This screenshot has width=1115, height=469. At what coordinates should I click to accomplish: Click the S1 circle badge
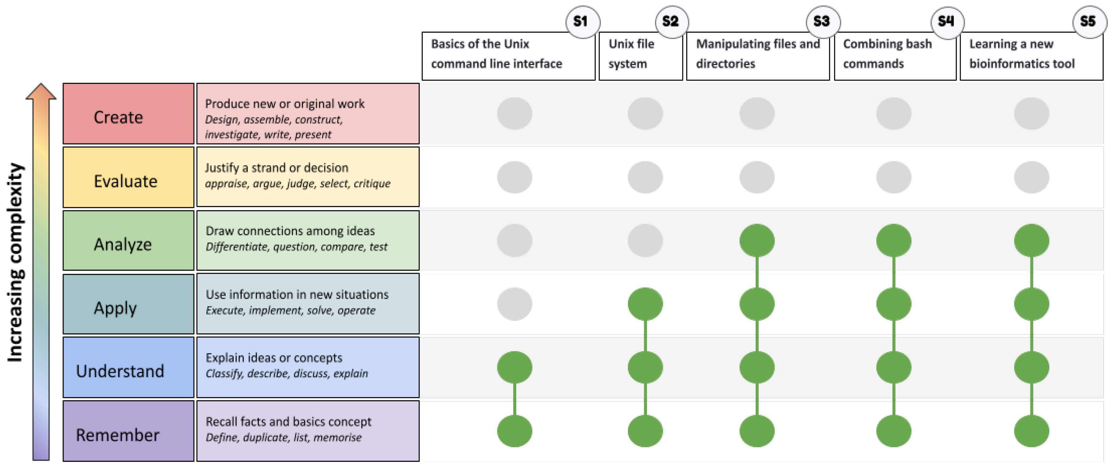(582, 22)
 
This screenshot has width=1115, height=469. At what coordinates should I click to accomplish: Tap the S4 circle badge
(947, 22)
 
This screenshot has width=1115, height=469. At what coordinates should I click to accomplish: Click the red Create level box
(128, 114)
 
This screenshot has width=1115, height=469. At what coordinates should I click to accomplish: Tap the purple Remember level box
(128, 431)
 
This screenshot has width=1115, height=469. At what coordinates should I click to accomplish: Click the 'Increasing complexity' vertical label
(15, 262)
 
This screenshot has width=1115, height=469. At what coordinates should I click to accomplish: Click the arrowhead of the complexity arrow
(41, 92)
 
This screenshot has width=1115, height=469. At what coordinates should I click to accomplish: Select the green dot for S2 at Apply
(645, 304)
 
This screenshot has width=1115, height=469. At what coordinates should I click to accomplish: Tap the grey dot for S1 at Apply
(514, 304)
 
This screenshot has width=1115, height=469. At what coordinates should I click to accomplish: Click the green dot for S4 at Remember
(893, 431)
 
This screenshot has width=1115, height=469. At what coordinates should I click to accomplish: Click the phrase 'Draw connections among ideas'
(290, 231)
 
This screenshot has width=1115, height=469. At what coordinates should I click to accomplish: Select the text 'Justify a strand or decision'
(277, 168)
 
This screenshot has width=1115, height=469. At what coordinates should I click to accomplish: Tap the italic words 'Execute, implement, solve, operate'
(290, 311)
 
